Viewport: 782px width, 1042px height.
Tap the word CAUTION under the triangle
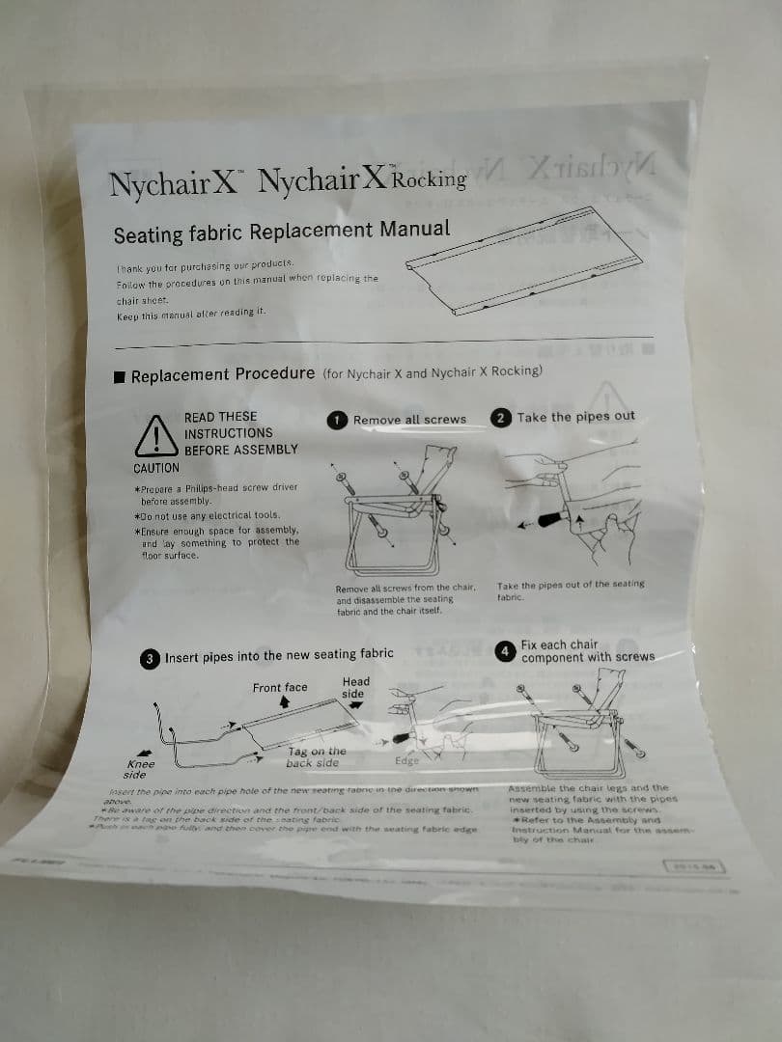[156, 468]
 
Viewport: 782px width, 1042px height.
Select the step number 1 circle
[336, 420]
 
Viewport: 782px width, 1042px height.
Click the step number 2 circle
[501, 418]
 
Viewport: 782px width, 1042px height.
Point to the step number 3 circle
[150, 660]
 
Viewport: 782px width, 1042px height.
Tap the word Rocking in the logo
[431, 179]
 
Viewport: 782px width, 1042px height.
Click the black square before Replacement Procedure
[120, 376]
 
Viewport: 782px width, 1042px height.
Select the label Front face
[280, 688]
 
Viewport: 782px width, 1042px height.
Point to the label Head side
[354, 687]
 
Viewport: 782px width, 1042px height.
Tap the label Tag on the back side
[316, 756]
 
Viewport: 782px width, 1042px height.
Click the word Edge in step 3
[407, 761]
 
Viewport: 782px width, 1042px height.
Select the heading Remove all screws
[409, 420]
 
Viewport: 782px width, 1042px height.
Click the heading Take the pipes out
[575, 417]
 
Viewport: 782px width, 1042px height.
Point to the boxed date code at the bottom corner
[695, 864]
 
